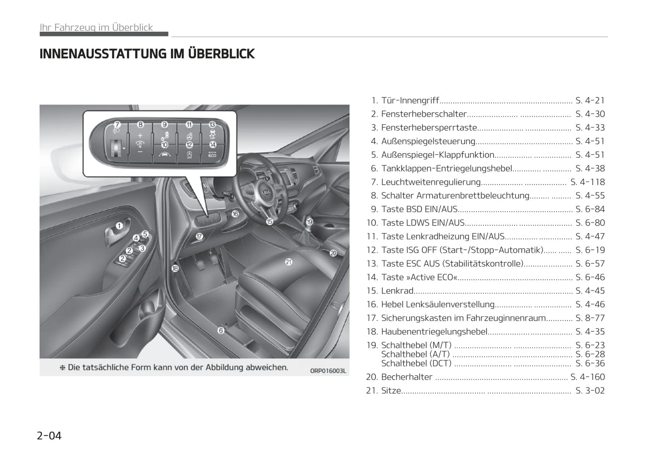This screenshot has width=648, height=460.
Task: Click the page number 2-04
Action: [49, 435]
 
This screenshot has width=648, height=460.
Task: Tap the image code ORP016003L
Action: [328, 370]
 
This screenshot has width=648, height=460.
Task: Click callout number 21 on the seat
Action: [288, 262]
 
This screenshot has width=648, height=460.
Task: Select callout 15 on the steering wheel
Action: [269, 221]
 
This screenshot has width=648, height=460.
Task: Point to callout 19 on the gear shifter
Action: [309, 221]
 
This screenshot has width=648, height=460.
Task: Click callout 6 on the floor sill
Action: [221, 330]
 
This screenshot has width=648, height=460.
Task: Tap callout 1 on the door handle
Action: [119, 226]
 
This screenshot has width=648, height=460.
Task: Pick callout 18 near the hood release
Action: [175, 268]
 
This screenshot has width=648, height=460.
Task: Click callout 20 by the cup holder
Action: [333, 253]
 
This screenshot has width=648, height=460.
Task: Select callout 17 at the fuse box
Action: [199, 236]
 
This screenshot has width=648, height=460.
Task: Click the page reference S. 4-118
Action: [587, 182]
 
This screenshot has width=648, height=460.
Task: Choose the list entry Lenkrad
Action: [397, 291]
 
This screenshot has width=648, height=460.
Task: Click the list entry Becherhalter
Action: [406, 377]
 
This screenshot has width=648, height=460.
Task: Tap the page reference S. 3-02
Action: [590, 391]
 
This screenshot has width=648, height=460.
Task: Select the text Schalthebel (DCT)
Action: [416, 364]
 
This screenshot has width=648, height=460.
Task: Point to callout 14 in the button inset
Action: [213, 144]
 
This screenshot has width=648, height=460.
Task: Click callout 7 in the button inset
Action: [117, 125]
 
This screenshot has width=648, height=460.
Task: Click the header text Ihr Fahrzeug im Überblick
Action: [96, 27]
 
